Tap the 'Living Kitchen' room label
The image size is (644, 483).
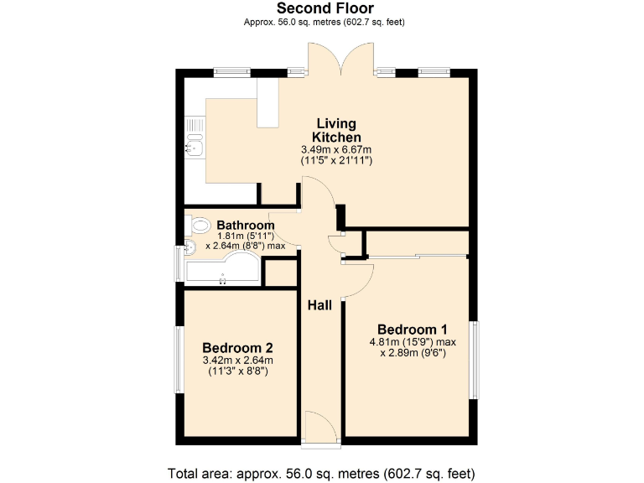click(x=336, y=130)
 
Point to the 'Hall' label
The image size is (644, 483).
click(x=319, y=305)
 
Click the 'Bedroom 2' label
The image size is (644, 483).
click(x=237, y=347)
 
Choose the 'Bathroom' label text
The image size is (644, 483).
click(x=246, y=226)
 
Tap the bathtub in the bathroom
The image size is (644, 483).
click(x=222, y=270)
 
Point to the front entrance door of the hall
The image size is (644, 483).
click(x=320, y=427)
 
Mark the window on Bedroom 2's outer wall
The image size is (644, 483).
click(x=178, y=359)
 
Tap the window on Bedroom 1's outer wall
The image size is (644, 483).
click(x=474, y=359)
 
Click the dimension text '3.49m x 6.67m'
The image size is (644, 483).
click(x=336, y=149)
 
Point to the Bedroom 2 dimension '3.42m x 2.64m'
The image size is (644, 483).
click(x=237, y=361)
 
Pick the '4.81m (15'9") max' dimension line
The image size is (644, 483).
click(x=412, y=342)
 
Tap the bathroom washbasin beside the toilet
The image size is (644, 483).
click(x=190, y=247)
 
